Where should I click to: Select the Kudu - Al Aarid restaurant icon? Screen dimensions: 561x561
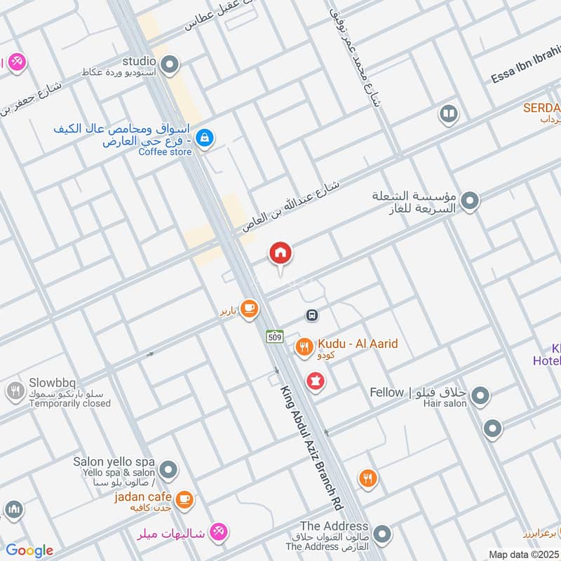(x=304, y=346)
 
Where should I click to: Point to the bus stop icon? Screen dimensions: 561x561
(x=312, y=315)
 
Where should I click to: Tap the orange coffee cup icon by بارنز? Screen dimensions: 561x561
(x=248, y=308)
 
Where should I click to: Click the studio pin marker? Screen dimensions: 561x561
(x=168, y=66)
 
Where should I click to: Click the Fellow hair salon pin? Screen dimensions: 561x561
(x=480, y=397)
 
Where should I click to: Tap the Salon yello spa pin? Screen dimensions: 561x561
(x=168, y=468)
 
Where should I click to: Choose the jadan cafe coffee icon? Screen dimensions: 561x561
(x=184, y=499)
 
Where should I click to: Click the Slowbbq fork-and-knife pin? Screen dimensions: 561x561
(x=15, y=391)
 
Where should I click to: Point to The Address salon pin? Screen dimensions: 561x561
(x=381, y=535)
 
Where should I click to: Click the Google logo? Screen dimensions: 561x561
(x=29, y=550)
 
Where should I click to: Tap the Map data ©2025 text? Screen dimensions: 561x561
(x=524, y=554)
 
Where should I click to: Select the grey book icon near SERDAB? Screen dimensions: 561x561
(x=448, y=113)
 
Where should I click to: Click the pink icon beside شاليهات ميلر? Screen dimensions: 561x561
(x=219, y=532)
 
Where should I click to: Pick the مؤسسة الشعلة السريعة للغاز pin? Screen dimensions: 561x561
(x=471, y=201)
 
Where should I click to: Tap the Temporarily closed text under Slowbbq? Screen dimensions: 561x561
(x=70, y=403)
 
